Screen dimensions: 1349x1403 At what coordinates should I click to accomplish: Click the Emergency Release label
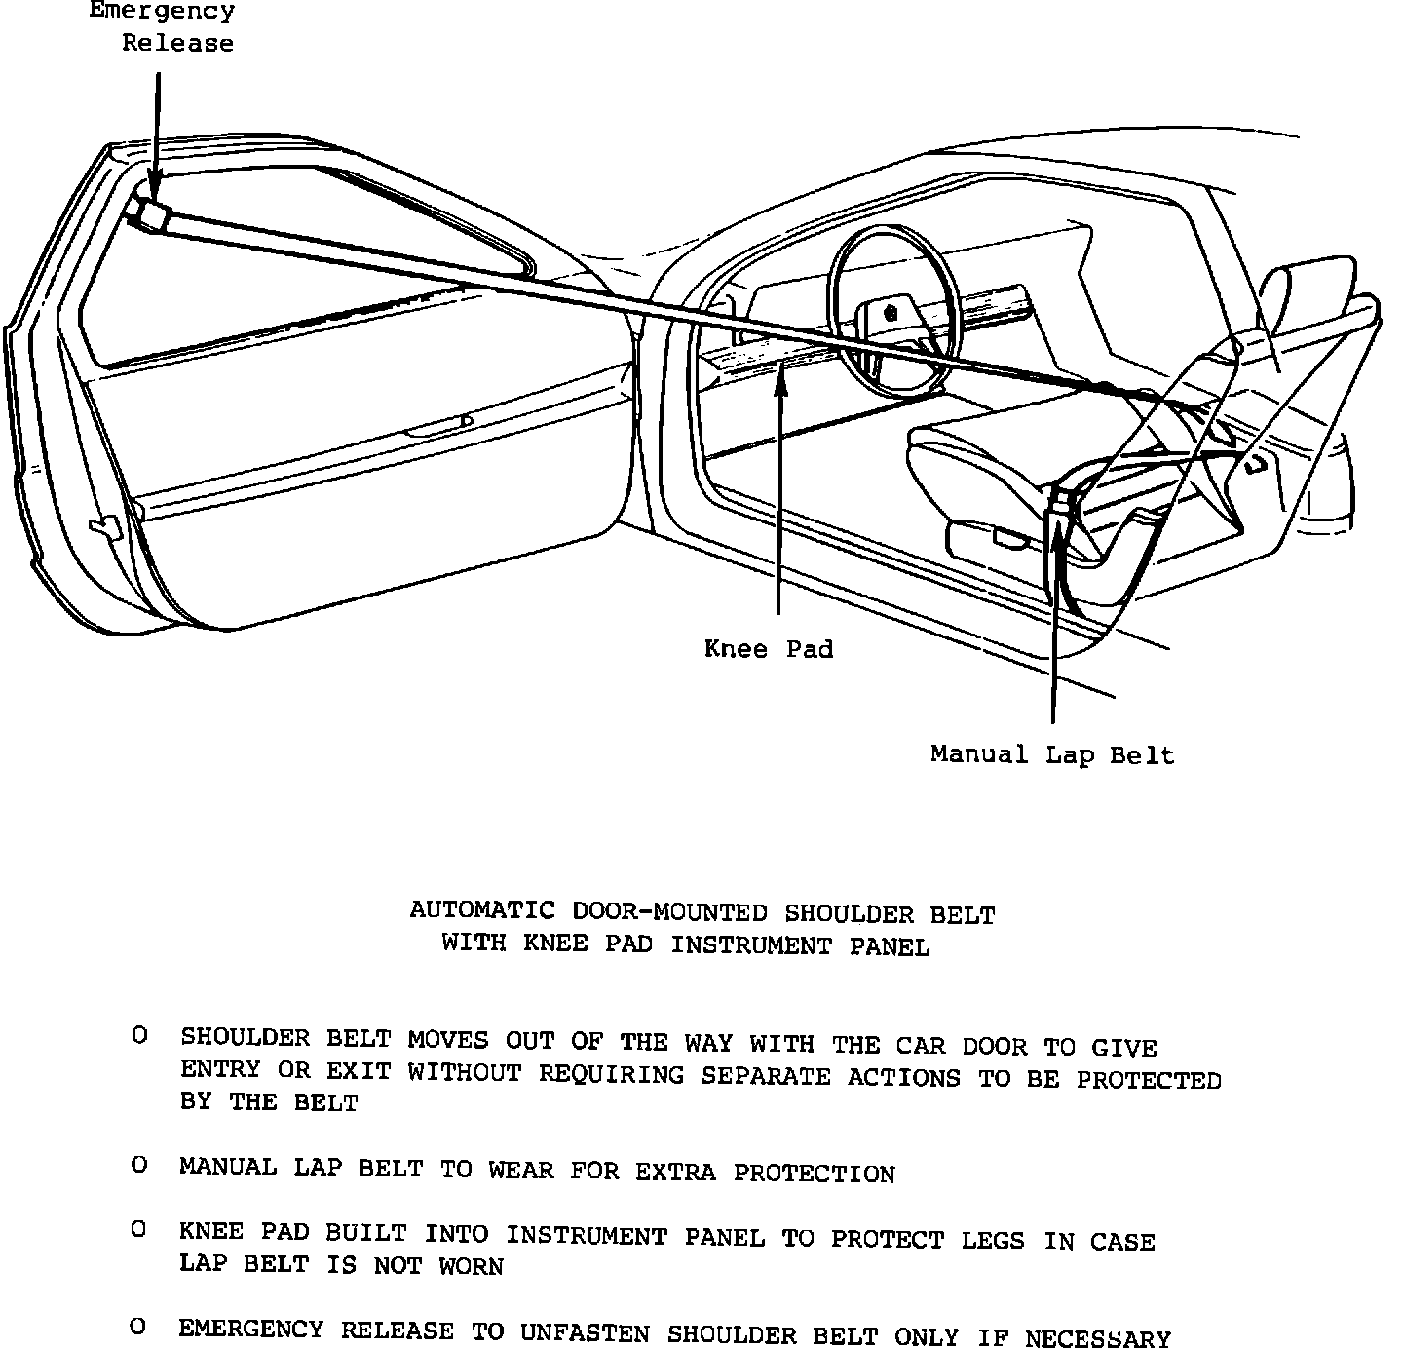[163, 27]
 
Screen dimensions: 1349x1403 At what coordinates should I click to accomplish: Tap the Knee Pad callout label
[769, 649]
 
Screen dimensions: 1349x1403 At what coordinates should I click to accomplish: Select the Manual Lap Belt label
[1052, 754]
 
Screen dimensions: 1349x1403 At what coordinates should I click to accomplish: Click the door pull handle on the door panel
[438, 426]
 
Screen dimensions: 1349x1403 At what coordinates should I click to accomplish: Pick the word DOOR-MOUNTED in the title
[669, 913]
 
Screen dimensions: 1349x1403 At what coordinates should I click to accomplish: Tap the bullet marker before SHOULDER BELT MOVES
[140, 1036]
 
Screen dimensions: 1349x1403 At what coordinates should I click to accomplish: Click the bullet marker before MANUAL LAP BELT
[140, 1165]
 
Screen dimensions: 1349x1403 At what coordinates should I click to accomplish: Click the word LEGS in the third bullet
[993, 1240]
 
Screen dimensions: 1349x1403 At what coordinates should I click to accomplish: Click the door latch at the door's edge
[102, 527]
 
